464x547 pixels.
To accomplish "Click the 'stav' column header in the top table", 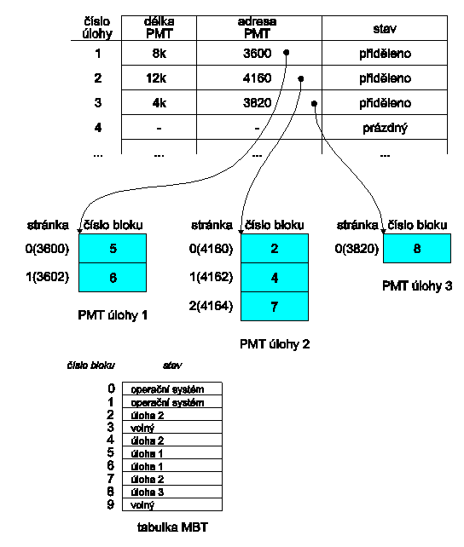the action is point(385,29).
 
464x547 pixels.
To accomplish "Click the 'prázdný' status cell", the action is point(385,128).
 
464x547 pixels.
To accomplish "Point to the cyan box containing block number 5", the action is point(113,249).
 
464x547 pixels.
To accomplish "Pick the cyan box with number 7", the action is point(275,306).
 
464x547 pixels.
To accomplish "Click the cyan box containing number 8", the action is point(417,249).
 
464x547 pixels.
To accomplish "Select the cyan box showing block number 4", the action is point(275,278).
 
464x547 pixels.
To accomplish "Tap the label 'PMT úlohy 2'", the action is point(275,344).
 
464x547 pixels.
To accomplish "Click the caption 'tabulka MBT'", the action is point(172,527).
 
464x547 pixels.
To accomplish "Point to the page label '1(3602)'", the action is point(48,278).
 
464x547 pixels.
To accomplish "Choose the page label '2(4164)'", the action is point(211,306).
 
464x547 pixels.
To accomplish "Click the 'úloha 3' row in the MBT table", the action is point(172,492).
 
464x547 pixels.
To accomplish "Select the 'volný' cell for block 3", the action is point(172,428).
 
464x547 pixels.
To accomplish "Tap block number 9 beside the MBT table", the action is point(111,504).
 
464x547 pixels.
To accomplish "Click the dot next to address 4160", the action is point(301,79).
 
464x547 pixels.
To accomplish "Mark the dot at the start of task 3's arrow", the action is point(314,104).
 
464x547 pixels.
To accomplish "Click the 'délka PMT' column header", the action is point(159,28).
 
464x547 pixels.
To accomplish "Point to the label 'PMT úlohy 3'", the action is point(417,286).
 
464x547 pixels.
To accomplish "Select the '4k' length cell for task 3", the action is point(159,103).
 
